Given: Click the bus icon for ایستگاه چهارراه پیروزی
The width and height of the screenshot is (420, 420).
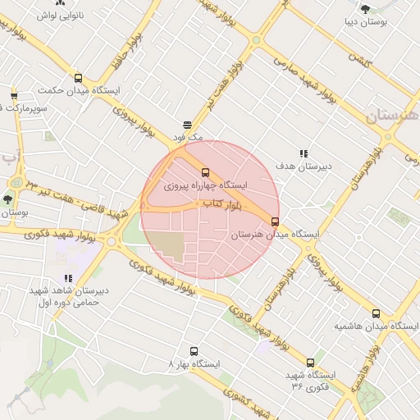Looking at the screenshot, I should click(205, 173).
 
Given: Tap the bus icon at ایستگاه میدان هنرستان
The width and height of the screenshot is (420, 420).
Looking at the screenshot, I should click(275, 221).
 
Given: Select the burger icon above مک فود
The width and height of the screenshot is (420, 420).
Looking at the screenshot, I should click(188, 125).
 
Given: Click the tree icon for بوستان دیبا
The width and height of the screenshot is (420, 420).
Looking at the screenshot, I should click(365, 9).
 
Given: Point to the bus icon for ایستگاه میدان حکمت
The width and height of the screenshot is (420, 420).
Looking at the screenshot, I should click(78, 79).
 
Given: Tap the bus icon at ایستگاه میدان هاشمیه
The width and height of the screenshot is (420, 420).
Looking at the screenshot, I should click(377, 313).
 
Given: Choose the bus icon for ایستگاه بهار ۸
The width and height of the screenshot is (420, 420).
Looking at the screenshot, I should click(194, 351).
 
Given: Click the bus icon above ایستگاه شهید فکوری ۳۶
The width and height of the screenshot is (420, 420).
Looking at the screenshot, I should click(310, 363).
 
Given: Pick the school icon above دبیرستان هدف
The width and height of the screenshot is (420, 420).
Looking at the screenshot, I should click(304, 153).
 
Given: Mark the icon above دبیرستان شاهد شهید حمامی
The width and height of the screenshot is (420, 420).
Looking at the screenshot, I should click(68, 279).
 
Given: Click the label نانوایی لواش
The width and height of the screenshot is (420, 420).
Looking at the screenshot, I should click(62, 15).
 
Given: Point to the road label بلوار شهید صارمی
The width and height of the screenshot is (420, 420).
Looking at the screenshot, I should click(304, 79).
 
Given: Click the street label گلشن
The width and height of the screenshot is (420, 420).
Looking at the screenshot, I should click(360, 60).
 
